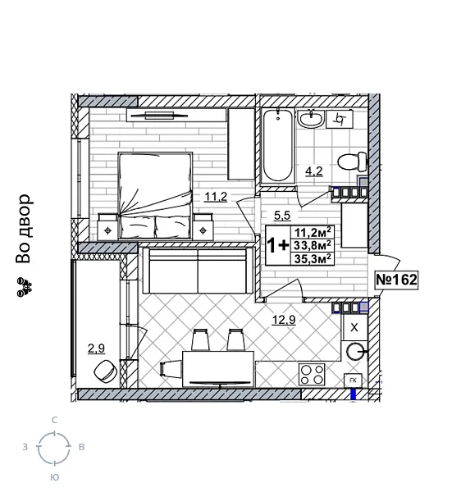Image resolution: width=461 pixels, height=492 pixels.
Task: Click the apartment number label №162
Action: coord(396,280)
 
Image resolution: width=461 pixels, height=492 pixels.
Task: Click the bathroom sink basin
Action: coord(311,121)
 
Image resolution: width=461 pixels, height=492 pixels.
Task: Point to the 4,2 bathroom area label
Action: coord(313,172)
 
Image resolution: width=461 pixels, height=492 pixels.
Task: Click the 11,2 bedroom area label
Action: coord(215,195)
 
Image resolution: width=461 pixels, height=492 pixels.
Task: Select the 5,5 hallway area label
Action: coord(281,216)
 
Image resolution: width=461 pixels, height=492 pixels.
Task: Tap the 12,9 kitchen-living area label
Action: coord(284,319)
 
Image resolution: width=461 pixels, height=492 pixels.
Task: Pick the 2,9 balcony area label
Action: coord(96,348)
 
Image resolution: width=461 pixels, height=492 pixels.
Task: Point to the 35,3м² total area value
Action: coord(313,258)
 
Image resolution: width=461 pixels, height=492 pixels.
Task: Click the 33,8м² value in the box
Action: coord(313,245)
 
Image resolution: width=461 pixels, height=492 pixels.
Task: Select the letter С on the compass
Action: coord(54,420)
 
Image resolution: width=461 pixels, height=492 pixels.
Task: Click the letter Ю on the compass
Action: coord(54,476)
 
